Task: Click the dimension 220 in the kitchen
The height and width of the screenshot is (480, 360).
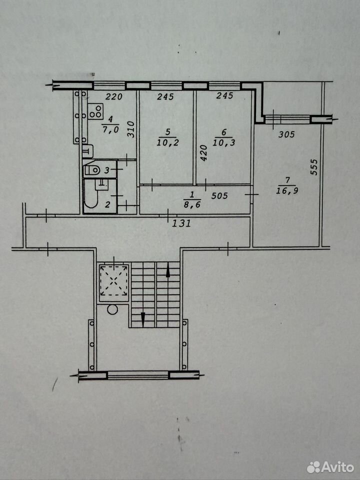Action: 114,96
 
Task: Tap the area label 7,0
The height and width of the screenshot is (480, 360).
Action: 110,130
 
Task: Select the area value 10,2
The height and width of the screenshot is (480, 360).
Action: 167,142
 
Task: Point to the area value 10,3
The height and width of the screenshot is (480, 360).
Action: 224,142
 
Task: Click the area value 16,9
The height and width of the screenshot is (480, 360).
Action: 287,190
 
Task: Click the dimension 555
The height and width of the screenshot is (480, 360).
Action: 314,167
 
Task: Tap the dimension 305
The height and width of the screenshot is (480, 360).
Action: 286,134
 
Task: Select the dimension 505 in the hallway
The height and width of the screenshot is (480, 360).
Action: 219,195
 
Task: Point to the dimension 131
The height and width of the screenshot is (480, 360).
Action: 181,223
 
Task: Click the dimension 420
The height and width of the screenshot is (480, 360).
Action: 204,153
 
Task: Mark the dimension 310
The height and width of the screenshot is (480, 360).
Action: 131,129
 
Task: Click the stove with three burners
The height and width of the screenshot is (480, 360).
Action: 95,111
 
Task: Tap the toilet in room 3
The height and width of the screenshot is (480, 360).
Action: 92,169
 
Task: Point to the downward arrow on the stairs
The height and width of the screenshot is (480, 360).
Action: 143,319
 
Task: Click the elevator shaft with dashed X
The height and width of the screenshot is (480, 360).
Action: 114,280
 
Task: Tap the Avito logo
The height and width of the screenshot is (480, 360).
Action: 330,467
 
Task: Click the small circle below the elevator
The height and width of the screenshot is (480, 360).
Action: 112,309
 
